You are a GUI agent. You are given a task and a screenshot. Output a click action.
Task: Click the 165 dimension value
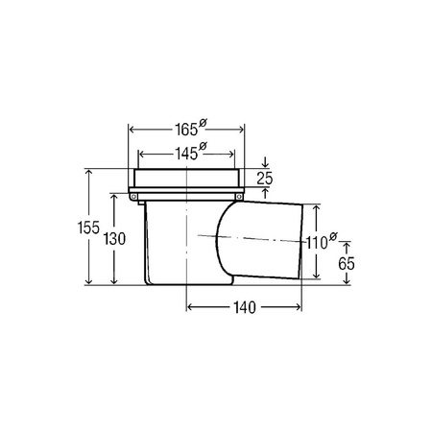(x=186, y=130)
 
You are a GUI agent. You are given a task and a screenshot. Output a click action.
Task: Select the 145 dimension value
(x=186, y=154)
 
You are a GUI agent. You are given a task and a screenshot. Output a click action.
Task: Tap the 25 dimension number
(x=265, y=179)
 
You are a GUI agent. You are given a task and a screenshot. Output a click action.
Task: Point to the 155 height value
(x=88, y=228)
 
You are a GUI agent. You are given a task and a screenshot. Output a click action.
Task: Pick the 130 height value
(x=114, y=239)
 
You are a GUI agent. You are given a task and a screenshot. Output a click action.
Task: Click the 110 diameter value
(x=317, y=243)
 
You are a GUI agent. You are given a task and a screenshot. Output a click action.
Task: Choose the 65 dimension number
(x=347, y=264)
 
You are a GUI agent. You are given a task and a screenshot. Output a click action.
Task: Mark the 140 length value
(x=245, y=308)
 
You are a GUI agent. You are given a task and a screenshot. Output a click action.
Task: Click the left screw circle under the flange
(x=134, y=197)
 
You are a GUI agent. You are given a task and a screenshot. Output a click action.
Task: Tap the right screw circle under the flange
(x=239, y=197)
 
